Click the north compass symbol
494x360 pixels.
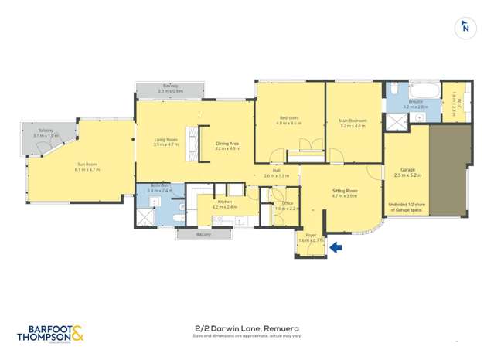465,27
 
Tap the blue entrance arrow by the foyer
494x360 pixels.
336,247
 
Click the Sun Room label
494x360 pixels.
87,164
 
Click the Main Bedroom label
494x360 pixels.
352,121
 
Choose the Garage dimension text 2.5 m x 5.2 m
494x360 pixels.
407,175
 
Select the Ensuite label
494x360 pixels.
415,102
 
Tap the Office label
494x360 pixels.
287,204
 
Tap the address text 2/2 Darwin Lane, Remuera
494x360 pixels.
247,328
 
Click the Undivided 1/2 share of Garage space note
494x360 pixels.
407,207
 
